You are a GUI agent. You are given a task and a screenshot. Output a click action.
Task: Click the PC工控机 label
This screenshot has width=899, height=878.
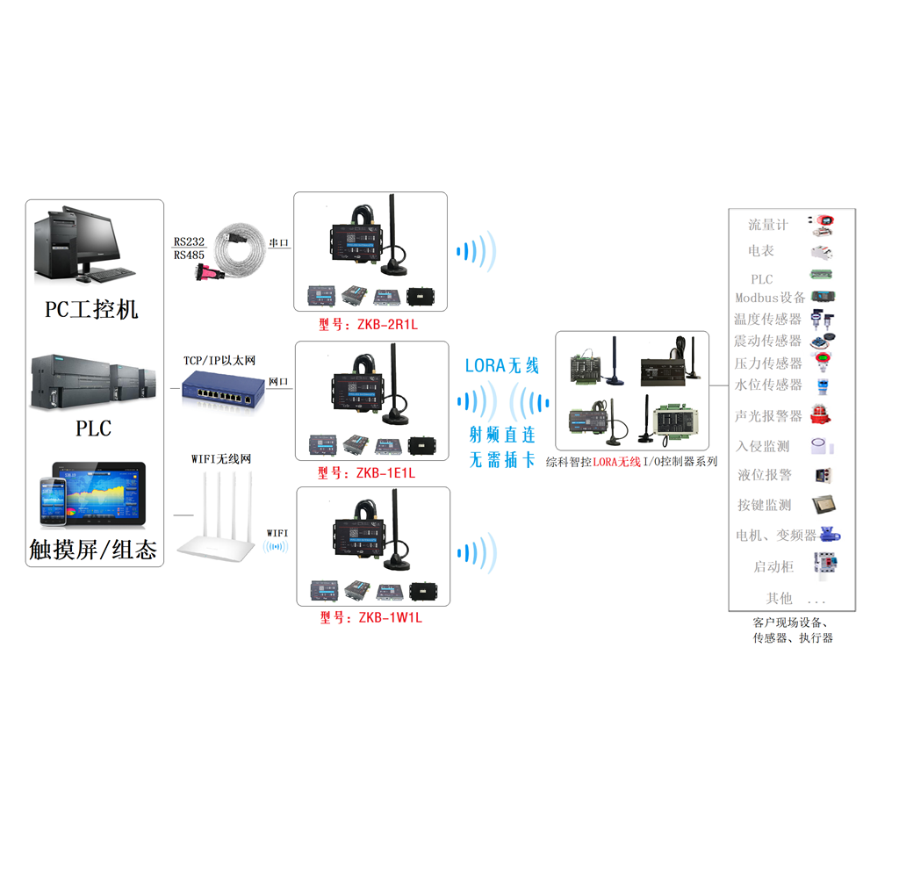[92, 310]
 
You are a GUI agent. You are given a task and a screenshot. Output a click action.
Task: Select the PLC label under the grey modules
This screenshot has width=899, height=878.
[93, 428]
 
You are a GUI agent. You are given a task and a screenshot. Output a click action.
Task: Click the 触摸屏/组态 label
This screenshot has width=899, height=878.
[93, 550]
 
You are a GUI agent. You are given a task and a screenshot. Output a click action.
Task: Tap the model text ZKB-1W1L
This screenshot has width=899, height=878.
[370, 618]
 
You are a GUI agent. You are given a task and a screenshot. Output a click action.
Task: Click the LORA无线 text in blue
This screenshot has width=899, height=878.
[501, 365]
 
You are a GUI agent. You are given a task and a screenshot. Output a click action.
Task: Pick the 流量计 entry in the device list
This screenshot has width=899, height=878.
[768, 225]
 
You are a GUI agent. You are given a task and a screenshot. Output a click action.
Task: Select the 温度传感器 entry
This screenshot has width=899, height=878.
[768, 319]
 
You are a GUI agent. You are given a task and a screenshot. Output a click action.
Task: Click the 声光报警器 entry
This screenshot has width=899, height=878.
[768, 415]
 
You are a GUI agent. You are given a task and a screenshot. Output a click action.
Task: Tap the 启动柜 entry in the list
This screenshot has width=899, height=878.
[773, 566]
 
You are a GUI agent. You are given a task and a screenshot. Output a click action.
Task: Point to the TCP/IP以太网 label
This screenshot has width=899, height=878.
[219, 361]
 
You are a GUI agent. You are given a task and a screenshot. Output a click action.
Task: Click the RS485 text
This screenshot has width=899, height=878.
[189, 255]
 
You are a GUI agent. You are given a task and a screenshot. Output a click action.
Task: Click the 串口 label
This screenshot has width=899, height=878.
[279, 243]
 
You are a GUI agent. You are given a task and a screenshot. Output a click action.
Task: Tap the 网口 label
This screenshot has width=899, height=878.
[278, 382]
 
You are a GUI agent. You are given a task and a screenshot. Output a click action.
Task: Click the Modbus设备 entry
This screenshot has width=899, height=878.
[770, 298]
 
